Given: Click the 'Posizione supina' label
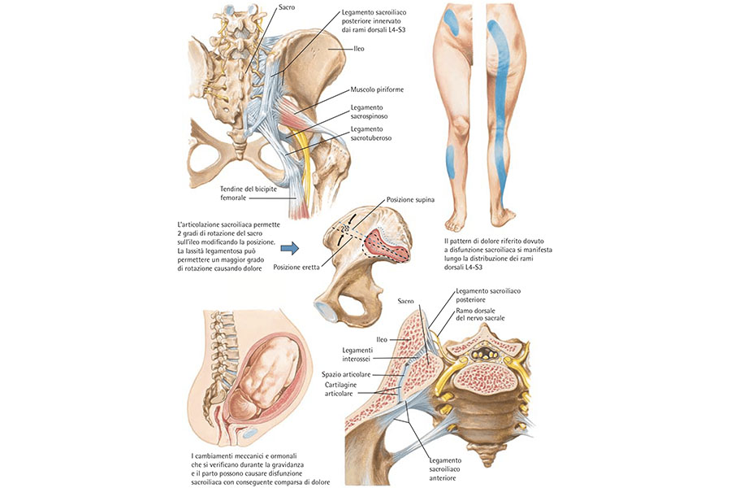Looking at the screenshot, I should pyautogui.click(x=410, y=198).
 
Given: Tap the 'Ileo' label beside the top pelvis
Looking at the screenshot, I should pyautogui.click(x=359, y=49).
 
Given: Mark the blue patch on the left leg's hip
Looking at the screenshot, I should pyautogui.click(x=452, y=20).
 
